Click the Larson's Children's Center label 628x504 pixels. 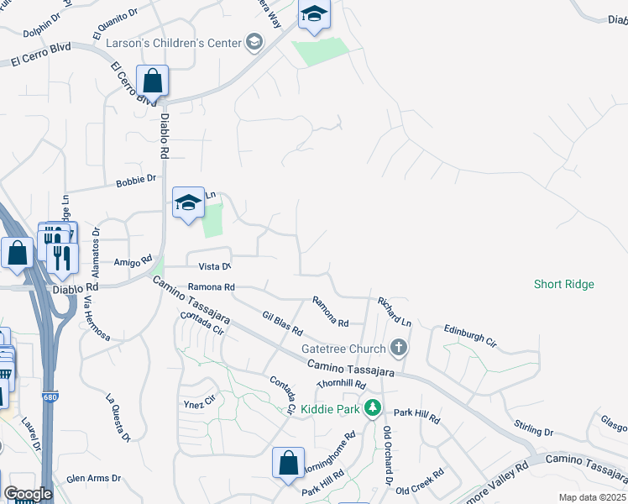click(x=172, y=42)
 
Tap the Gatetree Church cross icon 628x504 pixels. click(x=400, y=347)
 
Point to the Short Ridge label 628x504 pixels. click(x=563, y=284)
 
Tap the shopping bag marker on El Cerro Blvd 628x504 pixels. click(x=153, y=82)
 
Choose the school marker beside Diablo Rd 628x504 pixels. click(x=189, y=202)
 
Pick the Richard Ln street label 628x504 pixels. click(x=395, y=311)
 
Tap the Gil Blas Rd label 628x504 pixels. click(x=281, y=323)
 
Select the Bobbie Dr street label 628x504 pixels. click(x=136, y=179)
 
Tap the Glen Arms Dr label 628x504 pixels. click(x=93, y=478)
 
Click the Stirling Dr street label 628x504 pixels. click(x=536, y=433)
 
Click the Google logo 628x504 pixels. click(x=28, y=494)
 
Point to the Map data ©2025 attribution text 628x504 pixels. click(x=593, y=497)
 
